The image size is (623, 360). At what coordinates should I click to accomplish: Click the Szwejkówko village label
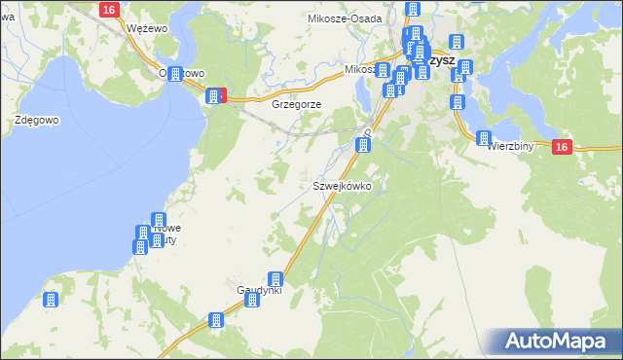point(341,185)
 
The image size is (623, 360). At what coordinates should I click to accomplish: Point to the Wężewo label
point(148,29)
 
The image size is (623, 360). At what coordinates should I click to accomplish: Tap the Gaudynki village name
point(259,290)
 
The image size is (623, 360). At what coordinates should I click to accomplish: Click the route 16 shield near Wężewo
point(109,9)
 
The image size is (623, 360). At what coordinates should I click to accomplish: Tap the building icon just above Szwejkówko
point(363,146)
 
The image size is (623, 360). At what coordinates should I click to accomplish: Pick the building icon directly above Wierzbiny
point(484,138)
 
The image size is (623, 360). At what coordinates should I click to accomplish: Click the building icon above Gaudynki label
point(275,279)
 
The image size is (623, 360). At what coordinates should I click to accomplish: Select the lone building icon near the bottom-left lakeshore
point(52,300)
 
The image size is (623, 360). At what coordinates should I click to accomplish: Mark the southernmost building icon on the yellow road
point(217,320)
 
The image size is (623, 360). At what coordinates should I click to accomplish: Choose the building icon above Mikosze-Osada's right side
point(412,10)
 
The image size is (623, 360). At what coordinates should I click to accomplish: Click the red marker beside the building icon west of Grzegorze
point(223,95)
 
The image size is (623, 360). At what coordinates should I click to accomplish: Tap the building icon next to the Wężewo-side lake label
point(176,75)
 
